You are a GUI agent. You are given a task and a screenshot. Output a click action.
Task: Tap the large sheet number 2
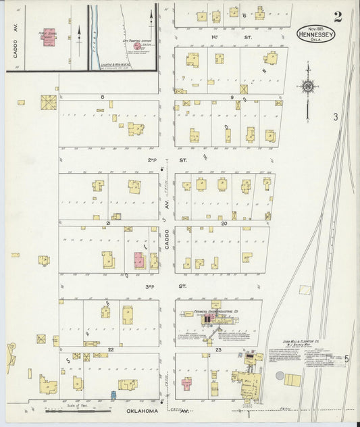337,17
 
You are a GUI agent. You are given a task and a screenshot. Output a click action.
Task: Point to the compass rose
307,86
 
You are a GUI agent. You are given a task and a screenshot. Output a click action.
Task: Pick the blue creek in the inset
93,37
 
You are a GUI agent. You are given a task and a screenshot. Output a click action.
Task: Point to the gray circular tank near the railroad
280,375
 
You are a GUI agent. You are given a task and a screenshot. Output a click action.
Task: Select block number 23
218,349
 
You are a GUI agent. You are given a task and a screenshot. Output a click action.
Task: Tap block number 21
107,222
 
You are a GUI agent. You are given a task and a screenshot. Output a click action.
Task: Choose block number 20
224,222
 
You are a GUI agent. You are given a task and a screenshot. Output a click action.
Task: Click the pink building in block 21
139,260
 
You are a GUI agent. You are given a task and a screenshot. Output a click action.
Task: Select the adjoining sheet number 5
346,359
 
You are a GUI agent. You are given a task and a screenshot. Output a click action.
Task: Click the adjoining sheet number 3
335,117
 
